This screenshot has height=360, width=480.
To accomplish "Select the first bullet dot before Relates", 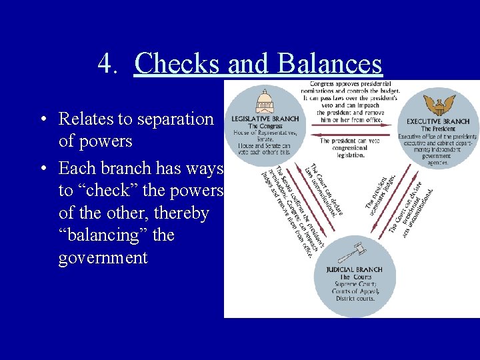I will (x=42, y=120).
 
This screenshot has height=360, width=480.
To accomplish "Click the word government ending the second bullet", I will (x=103, y=258).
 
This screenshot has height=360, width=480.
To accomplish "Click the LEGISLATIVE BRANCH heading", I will (x=265, y=119).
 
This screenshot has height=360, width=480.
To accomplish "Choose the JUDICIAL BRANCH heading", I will (x=354, y=269).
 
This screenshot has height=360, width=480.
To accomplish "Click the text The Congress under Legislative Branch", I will (x=265, y=126).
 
